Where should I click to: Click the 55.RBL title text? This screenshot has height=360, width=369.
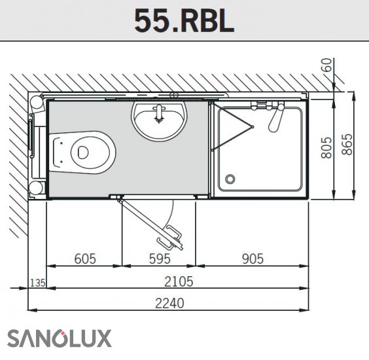click(x=184, y=21)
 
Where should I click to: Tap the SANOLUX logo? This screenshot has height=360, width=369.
click(x=60, y=338)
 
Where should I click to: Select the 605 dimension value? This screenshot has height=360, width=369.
click(x=85, y=259)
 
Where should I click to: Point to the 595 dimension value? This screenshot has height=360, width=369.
click(x=160, y=259)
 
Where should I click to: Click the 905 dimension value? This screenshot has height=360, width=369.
click(x=253, y=259)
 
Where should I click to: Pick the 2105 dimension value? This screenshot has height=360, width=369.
click(x=179, y=281)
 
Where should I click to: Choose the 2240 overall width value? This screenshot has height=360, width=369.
click(x=169, y=303)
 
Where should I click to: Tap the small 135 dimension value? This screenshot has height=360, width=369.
click(x=38, y=283)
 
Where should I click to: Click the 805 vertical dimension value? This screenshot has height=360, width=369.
click(x=326, y=148)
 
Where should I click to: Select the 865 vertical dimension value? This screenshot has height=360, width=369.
click(x=347, y=145)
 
